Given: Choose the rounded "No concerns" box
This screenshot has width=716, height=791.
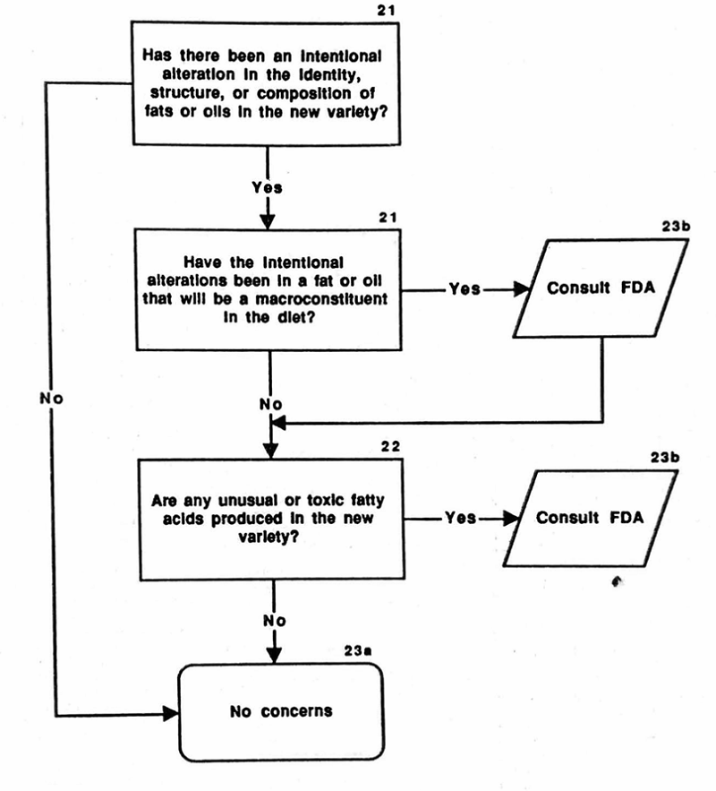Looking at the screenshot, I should (x=281, y=711).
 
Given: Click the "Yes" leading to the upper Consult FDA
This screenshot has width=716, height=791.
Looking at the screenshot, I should (x=463, y=289).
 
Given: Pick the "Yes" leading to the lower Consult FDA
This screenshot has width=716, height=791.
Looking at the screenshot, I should (x=459, y=518).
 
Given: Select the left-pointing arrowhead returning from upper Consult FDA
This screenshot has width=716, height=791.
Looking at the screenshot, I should (x=278, y=419).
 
